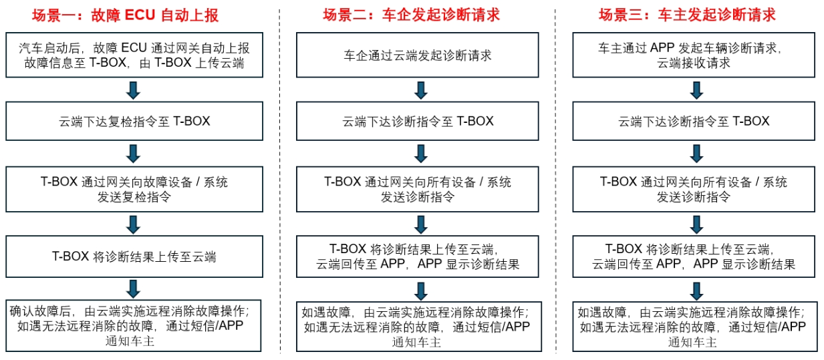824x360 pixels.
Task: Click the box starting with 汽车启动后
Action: point(134,55)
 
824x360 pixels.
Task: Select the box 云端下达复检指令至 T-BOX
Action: point(134,121)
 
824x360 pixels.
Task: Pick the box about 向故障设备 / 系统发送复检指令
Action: point(134,189)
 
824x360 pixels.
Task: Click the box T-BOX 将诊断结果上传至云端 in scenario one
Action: point(134,256)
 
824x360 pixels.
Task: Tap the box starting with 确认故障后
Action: point(134,327)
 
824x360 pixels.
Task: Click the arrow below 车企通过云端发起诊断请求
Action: point(420,89)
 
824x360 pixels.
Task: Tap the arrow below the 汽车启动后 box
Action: point(134,89)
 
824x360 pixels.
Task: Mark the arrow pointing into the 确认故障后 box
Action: point(134,289)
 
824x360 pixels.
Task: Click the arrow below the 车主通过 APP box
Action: point(696,89)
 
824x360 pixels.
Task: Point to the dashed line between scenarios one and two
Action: point(280,180)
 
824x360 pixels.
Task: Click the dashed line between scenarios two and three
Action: point(556,180)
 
